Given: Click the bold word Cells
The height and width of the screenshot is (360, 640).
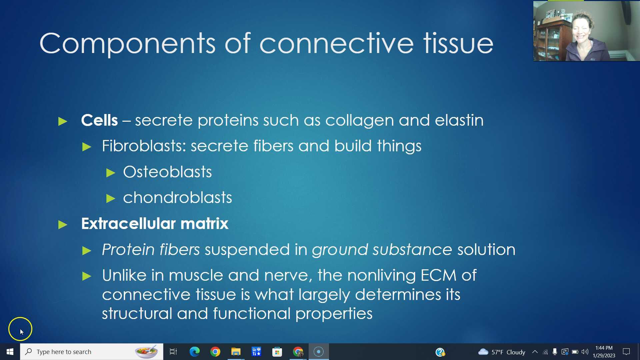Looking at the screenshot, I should click(99, 120).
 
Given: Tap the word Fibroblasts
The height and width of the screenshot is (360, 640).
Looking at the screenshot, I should click(143, 146).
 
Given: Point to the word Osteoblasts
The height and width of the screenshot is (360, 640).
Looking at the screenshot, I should click(167, 172).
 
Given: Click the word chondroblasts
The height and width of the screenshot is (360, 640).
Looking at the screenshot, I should click(177, 198).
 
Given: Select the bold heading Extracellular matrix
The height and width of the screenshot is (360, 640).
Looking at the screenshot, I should click(155, 224).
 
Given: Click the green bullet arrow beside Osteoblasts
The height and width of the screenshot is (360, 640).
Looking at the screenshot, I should click(111, 173).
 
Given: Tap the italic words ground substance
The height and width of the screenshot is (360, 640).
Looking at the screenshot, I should click(382, 250).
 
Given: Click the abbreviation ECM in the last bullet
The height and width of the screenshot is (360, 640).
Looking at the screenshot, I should click(438, 275).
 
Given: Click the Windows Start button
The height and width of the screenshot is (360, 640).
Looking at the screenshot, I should click(10, 352).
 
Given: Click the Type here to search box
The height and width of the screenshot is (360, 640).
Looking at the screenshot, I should click(80, 352).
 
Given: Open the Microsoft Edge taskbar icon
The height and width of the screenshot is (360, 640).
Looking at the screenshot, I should click(194, 352).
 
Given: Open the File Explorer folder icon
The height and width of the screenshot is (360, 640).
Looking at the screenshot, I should click(236, 352).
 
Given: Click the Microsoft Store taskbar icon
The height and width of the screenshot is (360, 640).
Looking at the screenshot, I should click(277, 352).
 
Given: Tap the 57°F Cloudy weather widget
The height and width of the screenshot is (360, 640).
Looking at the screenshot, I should click(502, 352).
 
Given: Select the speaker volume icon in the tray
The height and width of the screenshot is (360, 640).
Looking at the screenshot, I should click(585, 352).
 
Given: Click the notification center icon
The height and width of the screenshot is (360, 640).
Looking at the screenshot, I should click(626, 352).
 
